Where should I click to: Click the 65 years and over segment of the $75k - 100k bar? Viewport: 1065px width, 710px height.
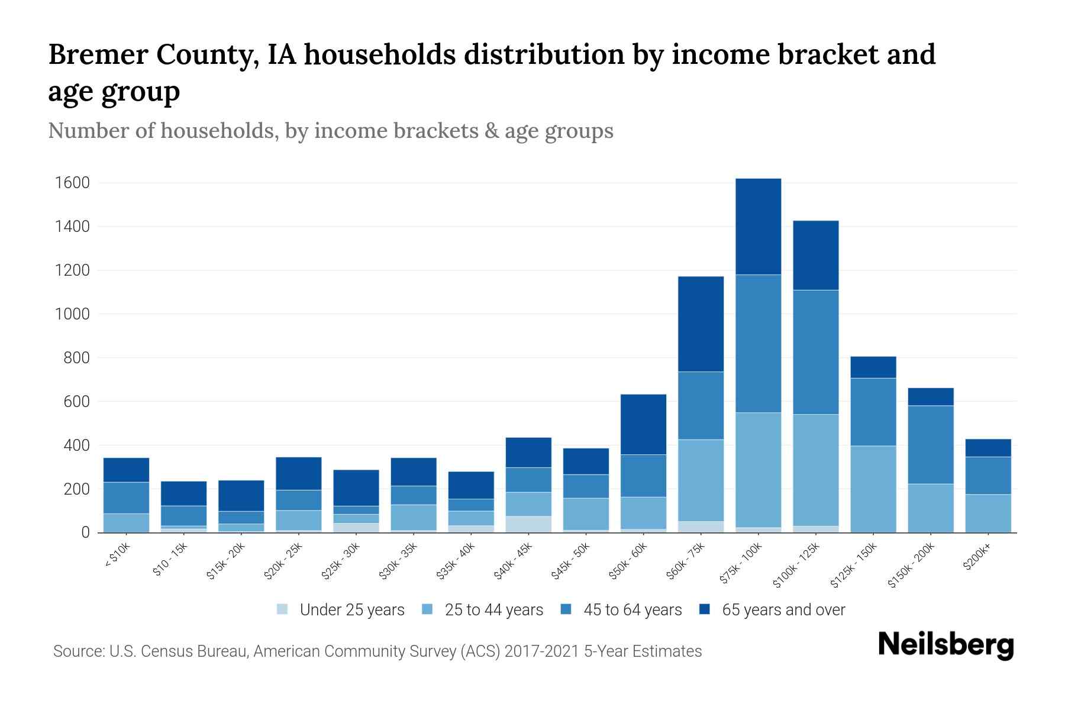(x=758, y=226)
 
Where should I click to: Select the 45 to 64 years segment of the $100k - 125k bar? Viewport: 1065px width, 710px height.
(x=815, y=352)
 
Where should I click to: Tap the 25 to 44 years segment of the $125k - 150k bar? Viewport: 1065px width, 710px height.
(x=873, y=489)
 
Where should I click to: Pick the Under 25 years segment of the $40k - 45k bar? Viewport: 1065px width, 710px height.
(x=528, y=524)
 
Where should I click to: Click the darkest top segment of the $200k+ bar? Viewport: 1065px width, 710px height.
(x=988, y=448)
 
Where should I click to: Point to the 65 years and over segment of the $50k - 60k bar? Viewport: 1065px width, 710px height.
(x=643, y=424)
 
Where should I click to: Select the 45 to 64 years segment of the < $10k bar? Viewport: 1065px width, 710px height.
(x=126, y=498)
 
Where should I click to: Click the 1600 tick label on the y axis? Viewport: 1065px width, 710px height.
(x=72, y=183)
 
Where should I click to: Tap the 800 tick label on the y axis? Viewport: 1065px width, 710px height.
(x=76, y=358)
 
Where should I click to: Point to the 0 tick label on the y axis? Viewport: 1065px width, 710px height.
(x=85, y=532)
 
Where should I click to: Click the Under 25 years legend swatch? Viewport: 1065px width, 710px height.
(x=283, y=609)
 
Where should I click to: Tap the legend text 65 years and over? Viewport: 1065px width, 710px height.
(x=783, y=609)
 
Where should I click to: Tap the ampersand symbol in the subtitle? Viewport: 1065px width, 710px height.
(x=490, y=131)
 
